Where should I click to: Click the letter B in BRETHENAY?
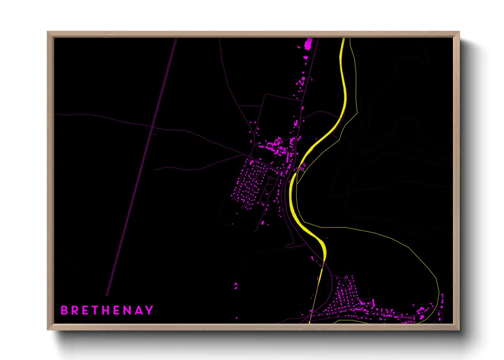point(64,310)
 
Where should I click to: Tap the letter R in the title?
point(75,310)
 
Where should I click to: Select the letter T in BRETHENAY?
point(96,310)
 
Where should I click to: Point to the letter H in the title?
point(107,310)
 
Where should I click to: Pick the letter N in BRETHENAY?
point(128,310)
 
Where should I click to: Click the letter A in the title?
point(139,310)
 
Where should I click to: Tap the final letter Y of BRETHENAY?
point(149,310)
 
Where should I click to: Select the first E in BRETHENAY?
point(85,310)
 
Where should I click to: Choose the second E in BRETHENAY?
point(117,310)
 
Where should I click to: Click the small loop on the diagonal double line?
point(154,131)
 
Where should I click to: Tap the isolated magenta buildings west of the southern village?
point(236,286)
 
